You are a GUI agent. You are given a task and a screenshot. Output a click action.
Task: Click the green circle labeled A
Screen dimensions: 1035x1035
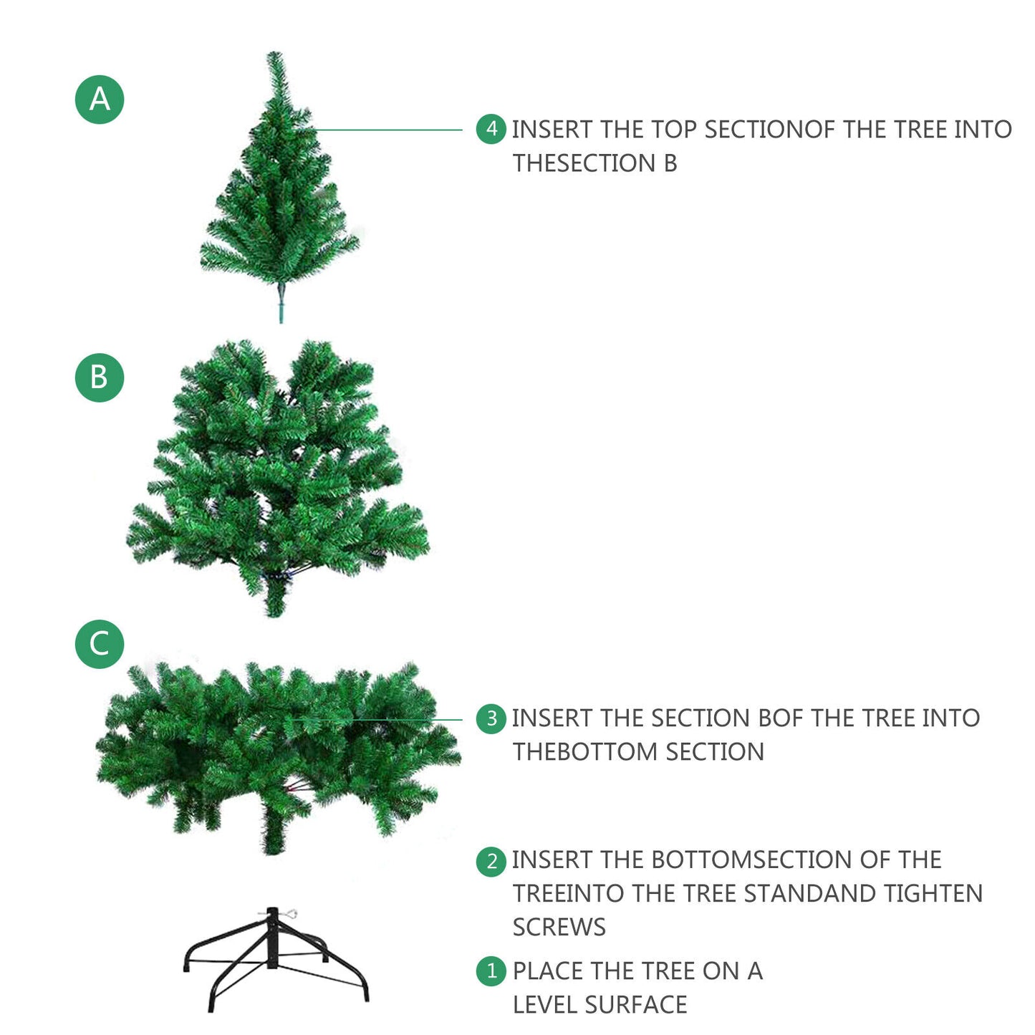pos(100,100)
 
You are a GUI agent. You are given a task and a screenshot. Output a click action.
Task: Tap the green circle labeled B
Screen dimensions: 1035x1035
pos(100,377)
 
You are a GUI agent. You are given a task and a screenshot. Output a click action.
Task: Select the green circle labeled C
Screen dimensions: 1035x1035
pos(100,644)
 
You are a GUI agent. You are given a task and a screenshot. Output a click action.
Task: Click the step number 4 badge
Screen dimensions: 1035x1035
pos(491,129)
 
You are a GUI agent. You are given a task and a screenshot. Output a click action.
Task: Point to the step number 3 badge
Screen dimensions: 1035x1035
pos(491,718)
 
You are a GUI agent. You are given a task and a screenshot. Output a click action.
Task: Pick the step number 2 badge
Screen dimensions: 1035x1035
pos(491,862)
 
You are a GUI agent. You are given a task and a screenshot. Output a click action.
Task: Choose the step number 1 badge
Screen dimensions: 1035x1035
pos(491,971)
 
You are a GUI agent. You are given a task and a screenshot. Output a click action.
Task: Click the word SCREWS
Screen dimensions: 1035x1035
pos(559,928)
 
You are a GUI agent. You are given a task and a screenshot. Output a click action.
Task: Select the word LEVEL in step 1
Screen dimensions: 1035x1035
pos(544,1005)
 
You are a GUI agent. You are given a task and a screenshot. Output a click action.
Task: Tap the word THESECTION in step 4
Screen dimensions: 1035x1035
pos(584,163)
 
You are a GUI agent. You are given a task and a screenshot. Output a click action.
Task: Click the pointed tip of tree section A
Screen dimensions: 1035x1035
pos(274,53)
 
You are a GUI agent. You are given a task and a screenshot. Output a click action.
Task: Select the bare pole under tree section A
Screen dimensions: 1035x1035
pos(280,303)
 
